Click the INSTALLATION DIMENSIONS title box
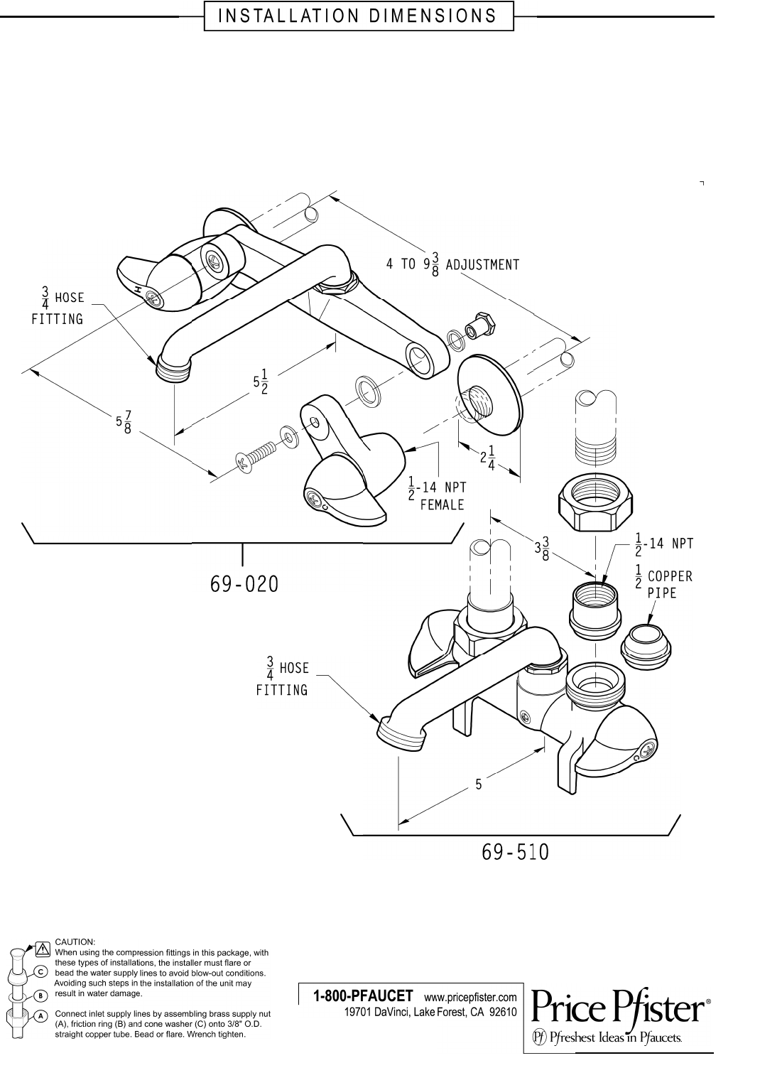pyautogui.click(x=359, y=16)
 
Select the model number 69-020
pyautogui.click(x=244, y=584)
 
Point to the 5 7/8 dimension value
pyautogui.click(x=124, y=421)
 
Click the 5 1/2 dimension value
pyautogui.click(x=261, y=381)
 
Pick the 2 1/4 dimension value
pyautogui.click(x=487, y=458)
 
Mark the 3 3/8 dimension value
pyautogui.click(x=542, y=548)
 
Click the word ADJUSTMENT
pyautogui.click(x=483, y=265)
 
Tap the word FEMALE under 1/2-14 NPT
pyautogui.click(x=443, y=504)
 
